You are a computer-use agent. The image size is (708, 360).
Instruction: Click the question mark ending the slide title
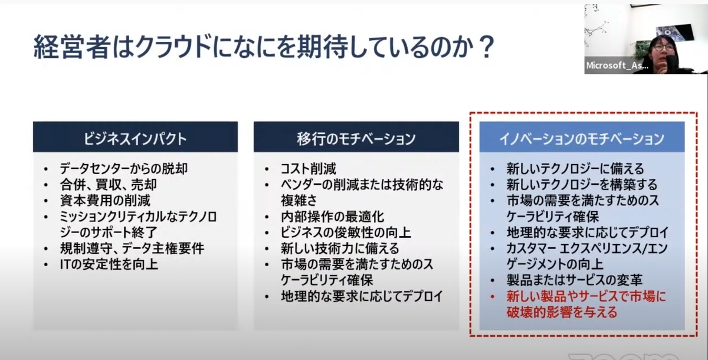click(485, 47)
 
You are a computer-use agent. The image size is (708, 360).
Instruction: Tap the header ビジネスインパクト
click(135, 139)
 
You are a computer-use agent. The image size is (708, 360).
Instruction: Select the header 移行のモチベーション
click(356, 139)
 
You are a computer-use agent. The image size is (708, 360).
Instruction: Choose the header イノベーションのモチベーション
click(582, 139)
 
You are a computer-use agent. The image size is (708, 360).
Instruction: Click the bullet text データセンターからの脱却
click(123, 168)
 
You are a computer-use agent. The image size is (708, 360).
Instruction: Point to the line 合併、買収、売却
click(108, 185)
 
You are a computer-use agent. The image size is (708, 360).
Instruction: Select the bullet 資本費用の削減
click(105, 201)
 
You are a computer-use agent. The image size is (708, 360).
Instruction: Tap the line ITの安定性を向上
click(109, 264)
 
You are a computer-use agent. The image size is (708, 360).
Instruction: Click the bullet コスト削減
click(308, 168)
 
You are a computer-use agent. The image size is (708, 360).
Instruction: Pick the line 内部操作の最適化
click(332, 217)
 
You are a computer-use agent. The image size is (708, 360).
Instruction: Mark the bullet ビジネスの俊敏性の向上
click(346, 233)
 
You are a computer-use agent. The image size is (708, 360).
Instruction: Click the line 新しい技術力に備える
click(340, 248)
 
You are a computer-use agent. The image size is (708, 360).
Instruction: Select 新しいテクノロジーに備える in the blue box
click(575, 168)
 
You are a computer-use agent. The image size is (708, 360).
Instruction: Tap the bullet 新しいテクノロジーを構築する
click(582, 185)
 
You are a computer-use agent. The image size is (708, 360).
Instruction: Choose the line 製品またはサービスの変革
click(575, 280)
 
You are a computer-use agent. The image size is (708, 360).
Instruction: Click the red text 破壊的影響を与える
click(562, 312)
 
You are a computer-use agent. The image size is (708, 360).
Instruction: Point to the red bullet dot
click(492, 297)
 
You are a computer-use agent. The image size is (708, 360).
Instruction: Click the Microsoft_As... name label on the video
click(617, 66)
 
